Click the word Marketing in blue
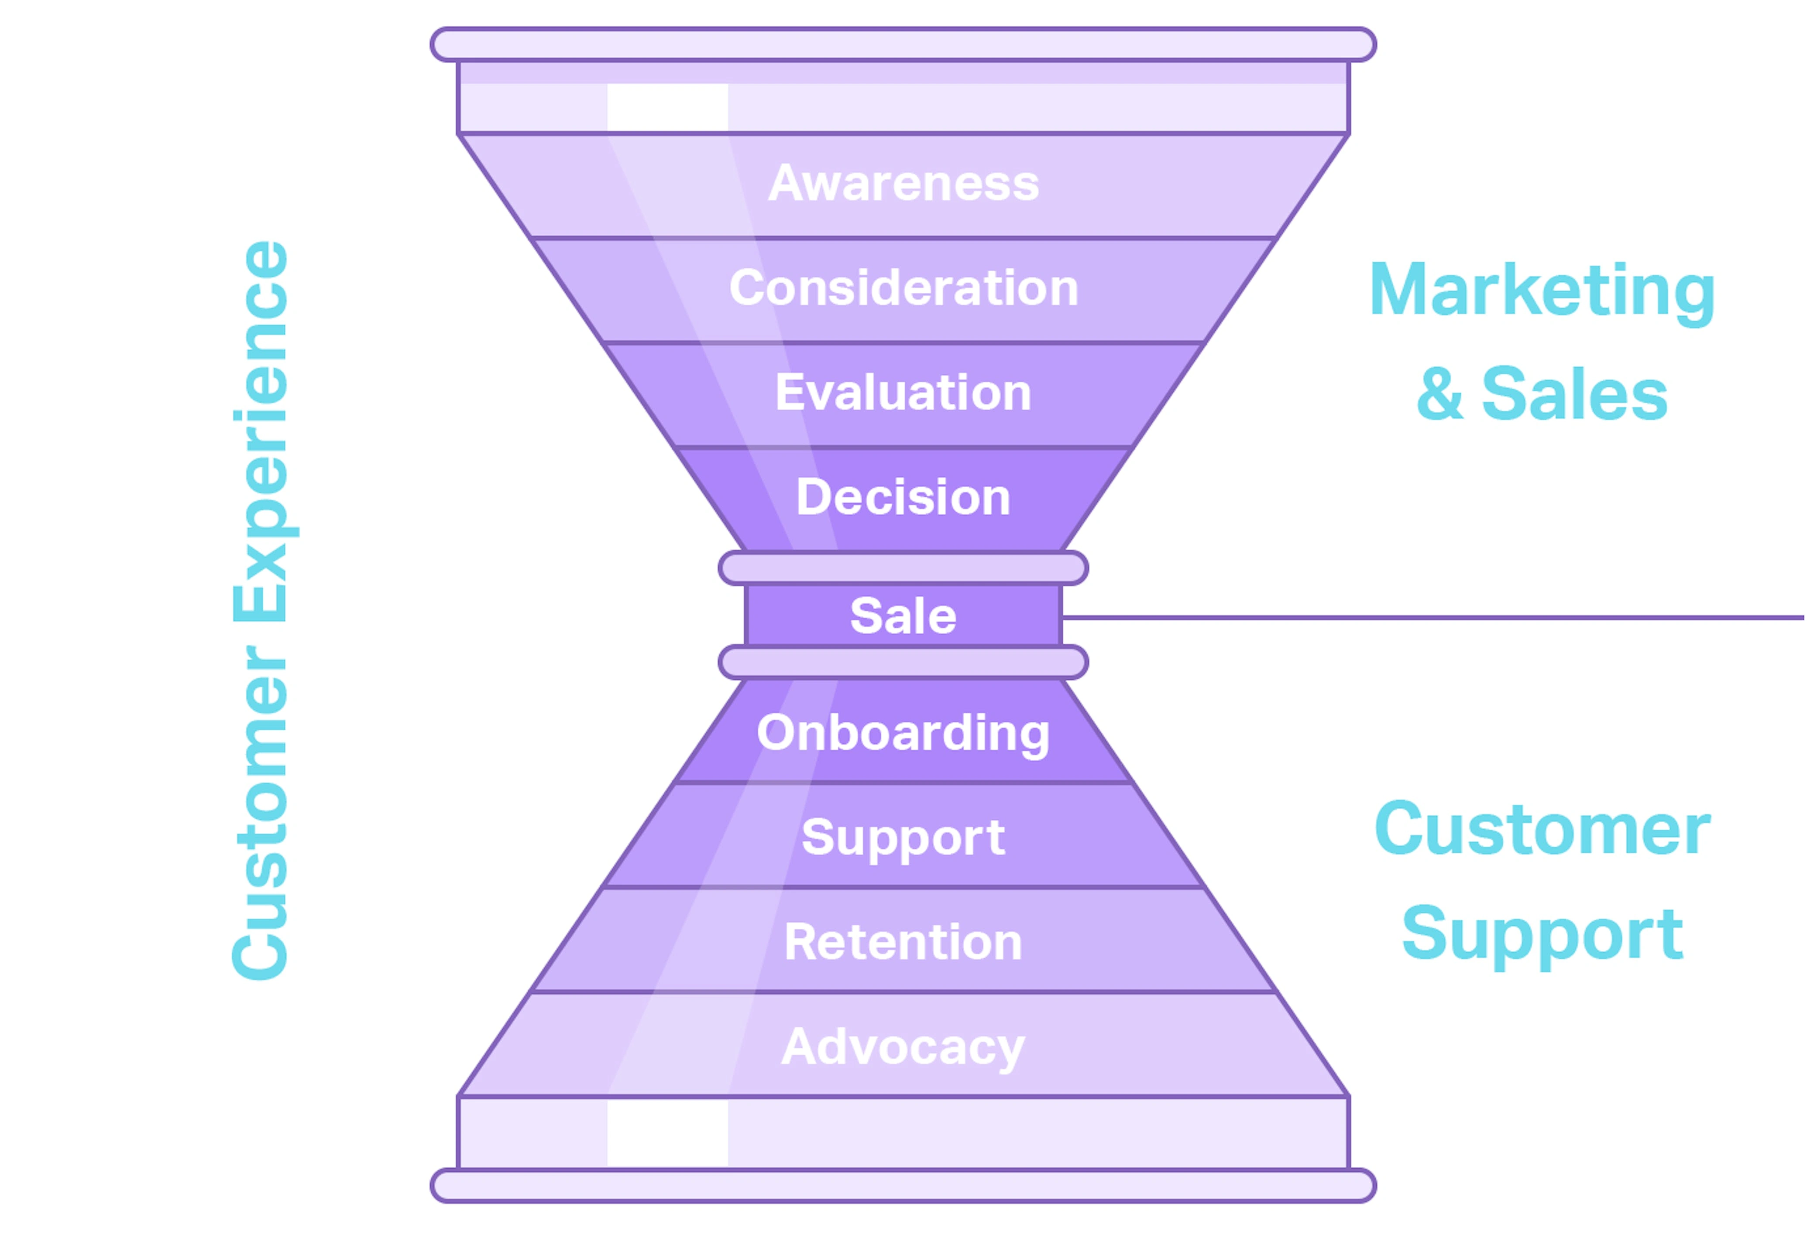(1542, 291)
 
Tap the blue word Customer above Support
(1542, 829)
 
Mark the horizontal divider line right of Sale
(1431, 618)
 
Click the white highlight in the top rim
(667, 107)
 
